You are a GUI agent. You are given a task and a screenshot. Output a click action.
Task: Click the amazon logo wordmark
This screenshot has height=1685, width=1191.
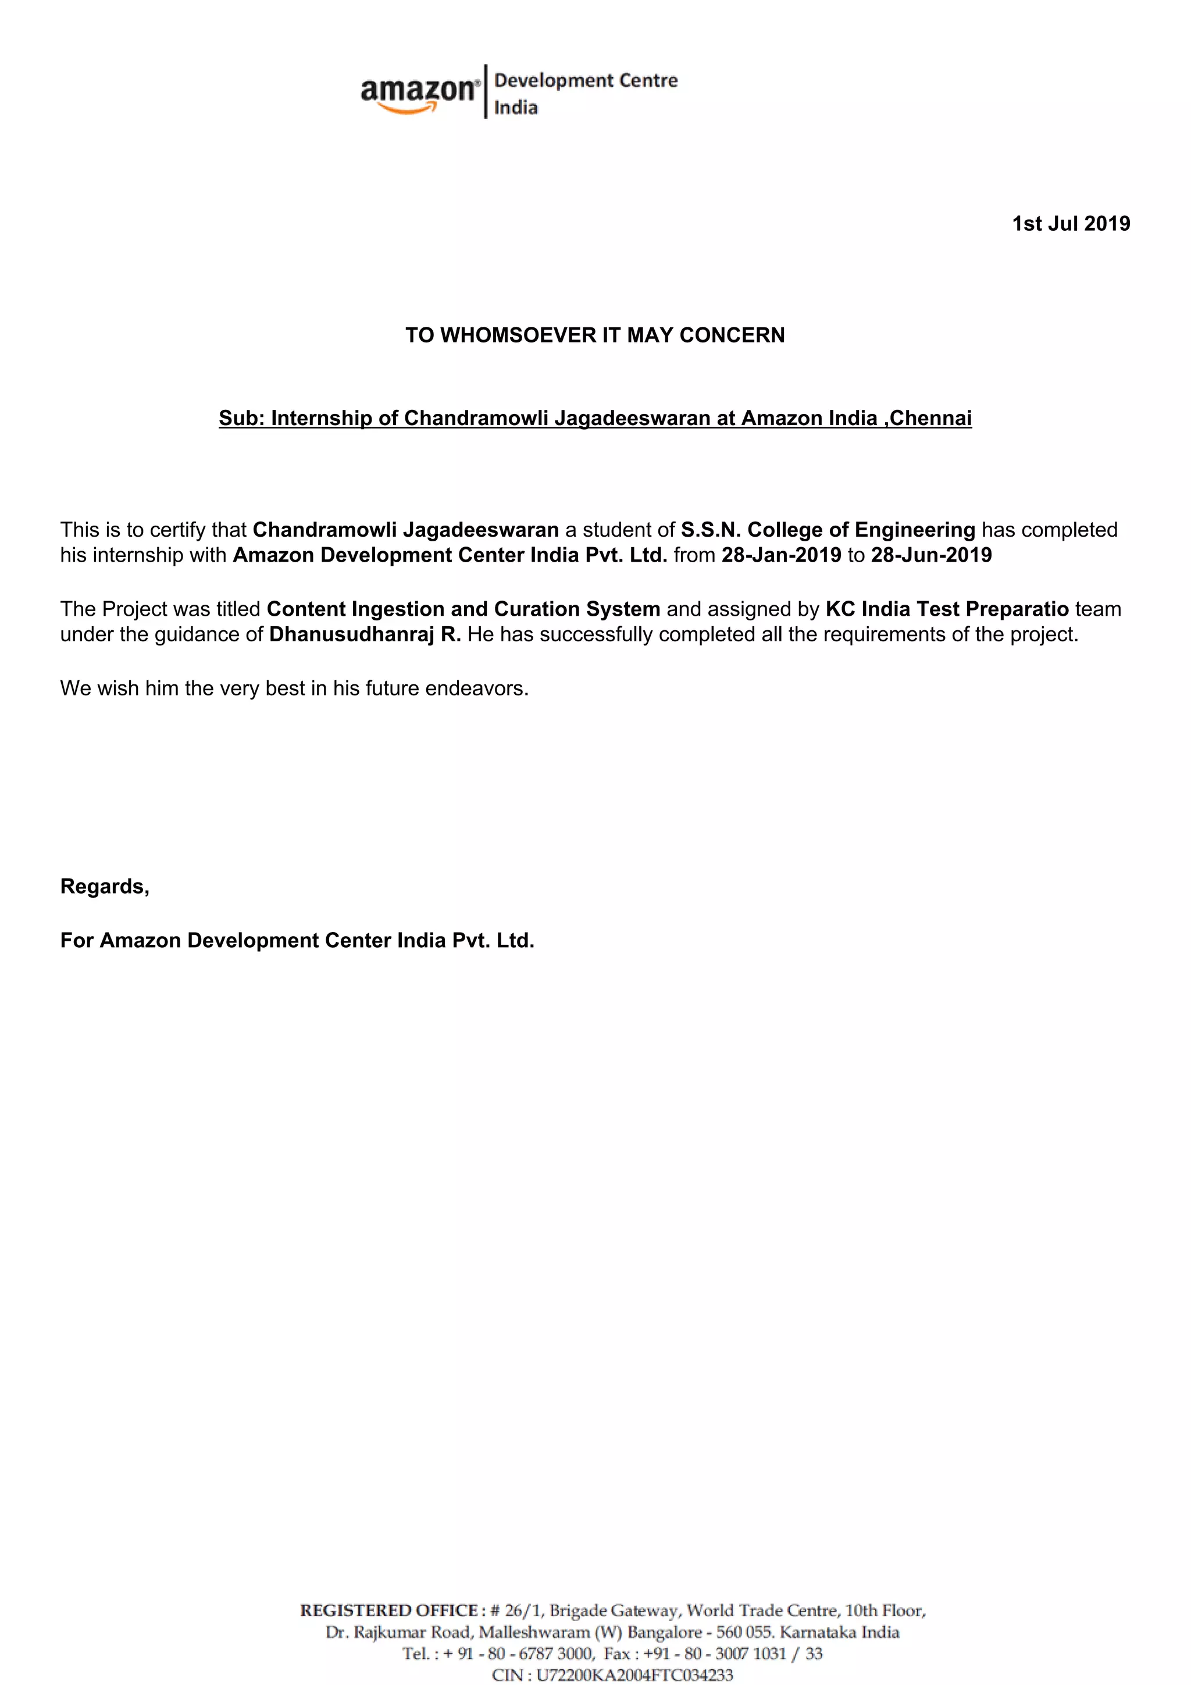point(418,91)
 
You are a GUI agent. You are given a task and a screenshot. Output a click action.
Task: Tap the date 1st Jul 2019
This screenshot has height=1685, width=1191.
point(1071,224)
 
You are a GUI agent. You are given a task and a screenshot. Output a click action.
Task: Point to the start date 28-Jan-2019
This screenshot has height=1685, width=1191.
point(781,555)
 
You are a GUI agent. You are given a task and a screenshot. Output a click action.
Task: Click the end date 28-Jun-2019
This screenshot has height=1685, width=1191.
point(931,555)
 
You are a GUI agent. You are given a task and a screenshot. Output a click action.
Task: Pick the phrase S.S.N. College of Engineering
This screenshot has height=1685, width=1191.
point(828,530)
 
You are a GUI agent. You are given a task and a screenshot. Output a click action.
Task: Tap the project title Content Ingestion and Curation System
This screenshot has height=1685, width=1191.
point(463,609)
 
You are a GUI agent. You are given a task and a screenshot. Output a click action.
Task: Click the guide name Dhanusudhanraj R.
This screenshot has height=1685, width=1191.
point(365,634)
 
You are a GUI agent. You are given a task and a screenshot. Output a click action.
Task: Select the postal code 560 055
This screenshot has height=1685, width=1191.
point(739,1632)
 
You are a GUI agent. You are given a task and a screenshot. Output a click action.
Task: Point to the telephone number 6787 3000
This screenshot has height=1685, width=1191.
point(555,1654)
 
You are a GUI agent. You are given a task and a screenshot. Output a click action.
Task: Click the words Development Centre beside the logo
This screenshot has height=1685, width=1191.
point(586,81)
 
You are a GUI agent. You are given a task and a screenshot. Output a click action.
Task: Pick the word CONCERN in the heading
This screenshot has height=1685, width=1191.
point(732,335)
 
